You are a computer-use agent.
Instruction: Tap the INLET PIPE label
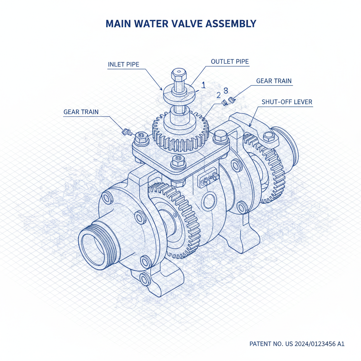point(123,65)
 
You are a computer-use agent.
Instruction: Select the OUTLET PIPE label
point(230,61)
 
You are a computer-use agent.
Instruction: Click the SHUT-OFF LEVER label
point(287,102)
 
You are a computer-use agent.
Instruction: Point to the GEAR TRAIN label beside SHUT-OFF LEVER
point(274,81)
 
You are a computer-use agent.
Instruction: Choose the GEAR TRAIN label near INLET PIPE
point(81,112)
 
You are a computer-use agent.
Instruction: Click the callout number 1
point(203,85)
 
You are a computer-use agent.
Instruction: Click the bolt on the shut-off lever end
point(269,136)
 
